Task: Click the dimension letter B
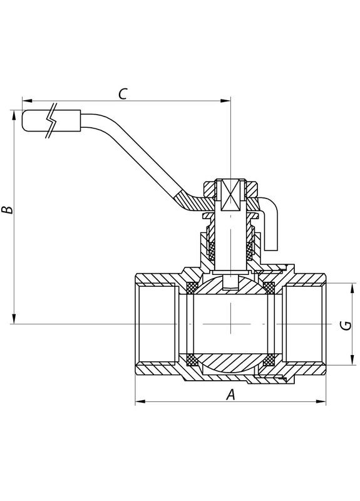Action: point(7,209)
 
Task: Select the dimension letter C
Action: point(123,94)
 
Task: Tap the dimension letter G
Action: point(344,324)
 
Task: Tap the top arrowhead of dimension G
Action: point(349,286)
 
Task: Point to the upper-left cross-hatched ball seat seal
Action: point(193,288)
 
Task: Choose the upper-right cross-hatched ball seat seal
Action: point(270,288)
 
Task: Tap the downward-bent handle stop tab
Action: point(270,229)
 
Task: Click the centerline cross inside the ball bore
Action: point(231,324)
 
